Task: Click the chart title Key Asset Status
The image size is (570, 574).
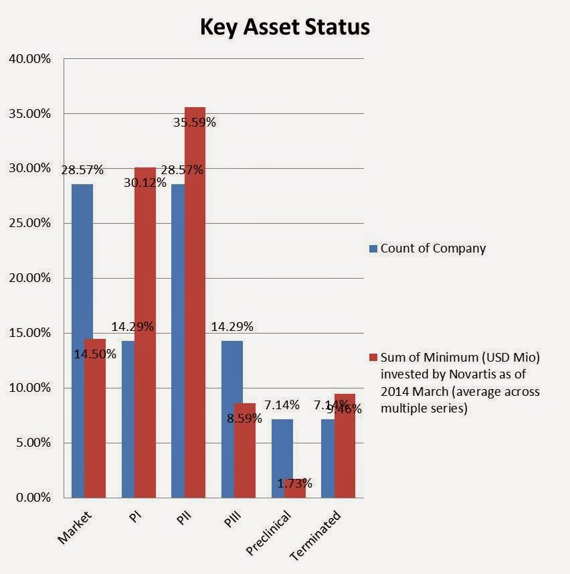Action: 284,27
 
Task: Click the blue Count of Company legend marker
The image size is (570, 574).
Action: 374,248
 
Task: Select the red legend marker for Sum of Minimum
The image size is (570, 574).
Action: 374,357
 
